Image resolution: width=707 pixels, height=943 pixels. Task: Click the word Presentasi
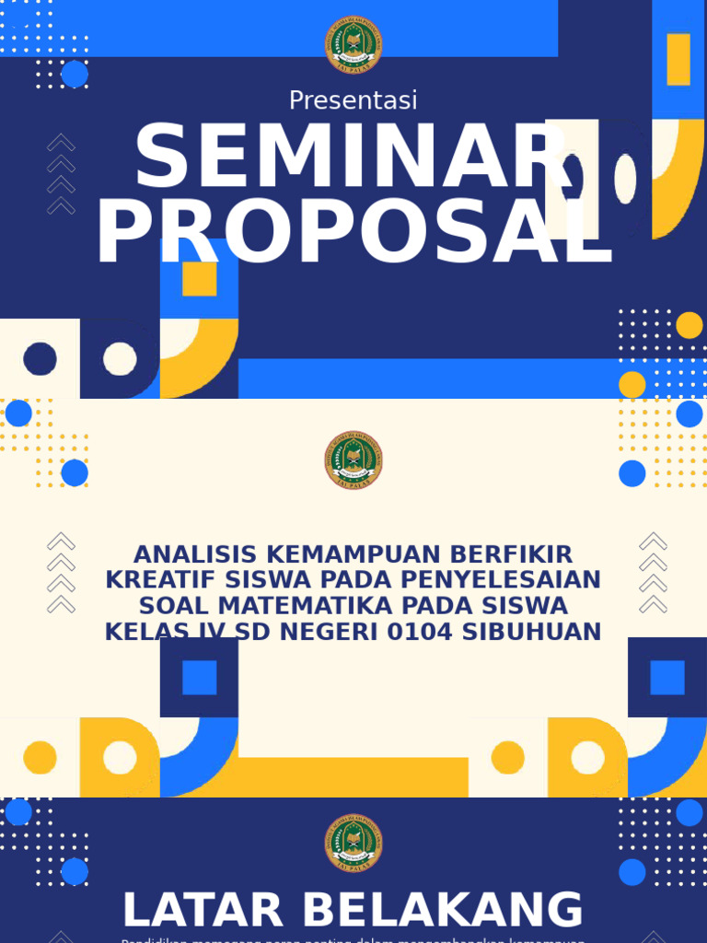tap(353, 100)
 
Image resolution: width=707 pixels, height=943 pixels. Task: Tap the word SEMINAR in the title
tap(352, 159)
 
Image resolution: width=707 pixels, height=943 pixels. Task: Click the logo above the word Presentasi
tap(353, 45)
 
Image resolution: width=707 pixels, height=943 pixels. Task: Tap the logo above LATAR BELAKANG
tap(353, 844)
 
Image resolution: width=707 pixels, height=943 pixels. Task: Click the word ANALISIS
tap(193, 554)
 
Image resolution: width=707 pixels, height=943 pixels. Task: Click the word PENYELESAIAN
tap(498, 580)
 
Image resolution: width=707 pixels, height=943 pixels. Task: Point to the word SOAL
tap(173, 606)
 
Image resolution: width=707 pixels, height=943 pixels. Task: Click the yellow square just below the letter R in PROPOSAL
tap(199, 279)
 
